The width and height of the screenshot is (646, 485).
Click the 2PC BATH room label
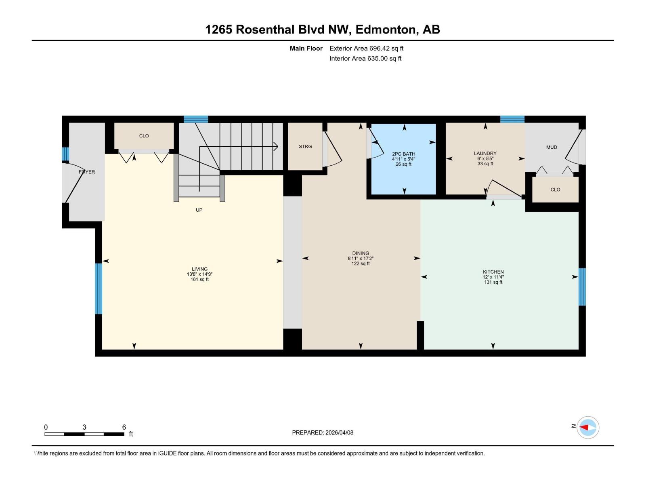tap(403, 154)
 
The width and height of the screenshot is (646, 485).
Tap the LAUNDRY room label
tap(485, 153)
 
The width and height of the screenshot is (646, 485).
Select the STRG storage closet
tap(305, 146)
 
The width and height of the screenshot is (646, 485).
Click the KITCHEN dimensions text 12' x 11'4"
tap(493, 277)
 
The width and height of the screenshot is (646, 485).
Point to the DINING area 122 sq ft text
tap(360, 264)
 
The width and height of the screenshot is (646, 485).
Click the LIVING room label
tap(199, 269)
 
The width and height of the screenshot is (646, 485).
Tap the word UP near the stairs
tap(199, 210)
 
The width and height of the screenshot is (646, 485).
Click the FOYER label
tap(87, 172)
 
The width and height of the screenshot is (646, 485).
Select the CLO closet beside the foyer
tap(144, 136)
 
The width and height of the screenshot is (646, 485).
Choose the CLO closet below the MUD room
tap(555, 190)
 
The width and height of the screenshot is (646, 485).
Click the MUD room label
tap(552, 147)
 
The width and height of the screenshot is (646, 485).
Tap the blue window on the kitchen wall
tap(582, 287)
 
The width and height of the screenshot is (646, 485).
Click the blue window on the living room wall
tap(99, 288)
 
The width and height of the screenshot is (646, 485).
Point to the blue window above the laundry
tap(512, 119)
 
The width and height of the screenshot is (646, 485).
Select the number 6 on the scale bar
tap(124, 427)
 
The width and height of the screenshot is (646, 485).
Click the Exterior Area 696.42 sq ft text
tap(366, 48)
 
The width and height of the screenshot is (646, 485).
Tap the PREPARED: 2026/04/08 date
tap(323, 432)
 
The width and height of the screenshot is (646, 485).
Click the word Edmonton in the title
tap(385, 30)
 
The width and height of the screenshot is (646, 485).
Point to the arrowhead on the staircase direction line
tap(277, 146)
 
